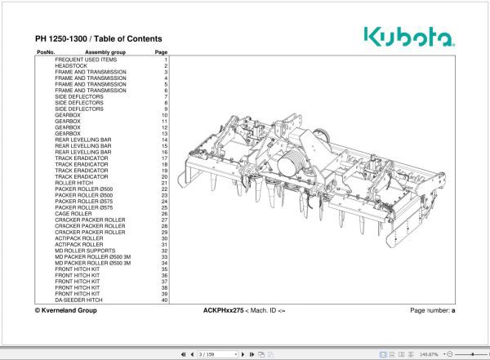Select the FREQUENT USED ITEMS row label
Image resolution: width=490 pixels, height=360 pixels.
tap(86, 60)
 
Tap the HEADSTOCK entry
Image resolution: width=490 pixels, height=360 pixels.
tap(71, 66)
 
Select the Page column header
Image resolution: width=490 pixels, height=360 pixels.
tap(161, 52)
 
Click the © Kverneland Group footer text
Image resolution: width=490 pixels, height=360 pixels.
tap(65, 311)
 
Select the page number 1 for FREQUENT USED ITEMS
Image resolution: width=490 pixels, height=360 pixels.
tap(165, 60)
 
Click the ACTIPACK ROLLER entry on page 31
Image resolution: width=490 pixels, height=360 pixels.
tap(79, 245)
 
